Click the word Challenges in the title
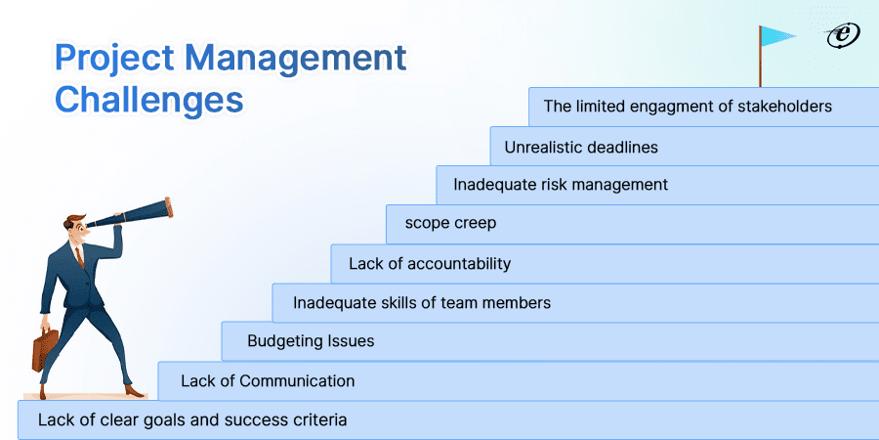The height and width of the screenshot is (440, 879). point(148,99)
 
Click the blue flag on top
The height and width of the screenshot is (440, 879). point(778,36)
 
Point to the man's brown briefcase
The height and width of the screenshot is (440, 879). point(46,347)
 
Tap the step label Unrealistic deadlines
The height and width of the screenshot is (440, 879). point(581,148)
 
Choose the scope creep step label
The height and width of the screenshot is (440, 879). point(451,223)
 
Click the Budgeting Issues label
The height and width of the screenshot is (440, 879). point(311,341)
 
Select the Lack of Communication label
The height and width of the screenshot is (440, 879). point(268,380)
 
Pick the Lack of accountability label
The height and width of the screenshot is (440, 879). point(430,263)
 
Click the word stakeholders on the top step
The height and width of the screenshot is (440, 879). point(786,106)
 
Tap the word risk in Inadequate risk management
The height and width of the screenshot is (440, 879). point(562,184)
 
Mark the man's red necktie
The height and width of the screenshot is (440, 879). point(81,256)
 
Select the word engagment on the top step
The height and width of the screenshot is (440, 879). point(684,106)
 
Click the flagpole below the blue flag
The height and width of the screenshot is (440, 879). point(761,68)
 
